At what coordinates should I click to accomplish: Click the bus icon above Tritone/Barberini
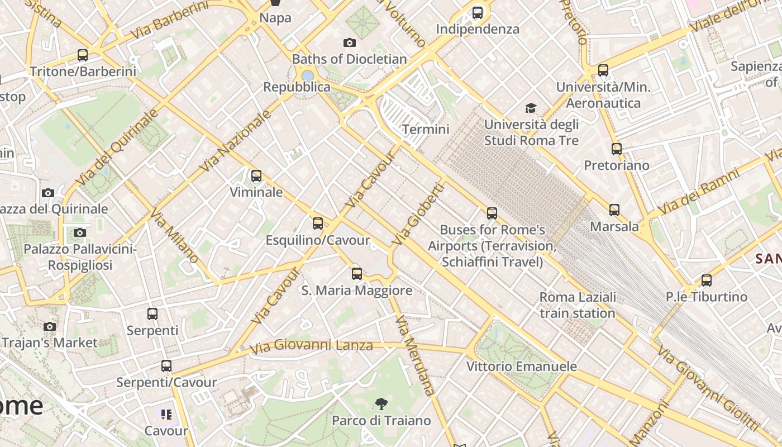[83, 55]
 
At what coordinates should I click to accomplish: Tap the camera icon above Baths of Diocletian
[350, 42]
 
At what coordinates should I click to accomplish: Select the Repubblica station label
[297, 87]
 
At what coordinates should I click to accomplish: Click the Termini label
[426, 129]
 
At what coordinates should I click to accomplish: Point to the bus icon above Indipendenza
[478, 12]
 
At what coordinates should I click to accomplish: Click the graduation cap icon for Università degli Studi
[531, 108]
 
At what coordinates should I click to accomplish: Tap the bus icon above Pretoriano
[617, 149]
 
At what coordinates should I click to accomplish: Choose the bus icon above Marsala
[614, 210]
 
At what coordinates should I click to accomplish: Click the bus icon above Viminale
[256, 176]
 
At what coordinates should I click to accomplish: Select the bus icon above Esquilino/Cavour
[318, 223]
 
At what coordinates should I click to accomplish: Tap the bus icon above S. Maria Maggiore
[357, 274]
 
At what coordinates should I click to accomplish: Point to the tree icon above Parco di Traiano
[382, 403]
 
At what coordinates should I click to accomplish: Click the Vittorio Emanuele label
[521, 367]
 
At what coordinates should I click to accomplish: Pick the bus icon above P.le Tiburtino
[707, 280]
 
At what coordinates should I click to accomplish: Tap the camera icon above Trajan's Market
[50, 326]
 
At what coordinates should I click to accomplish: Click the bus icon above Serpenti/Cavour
[166, 367]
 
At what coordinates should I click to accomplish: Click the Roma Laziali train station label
[578, 305]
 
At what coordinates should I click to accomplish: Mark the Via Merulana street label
[414, 355]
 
